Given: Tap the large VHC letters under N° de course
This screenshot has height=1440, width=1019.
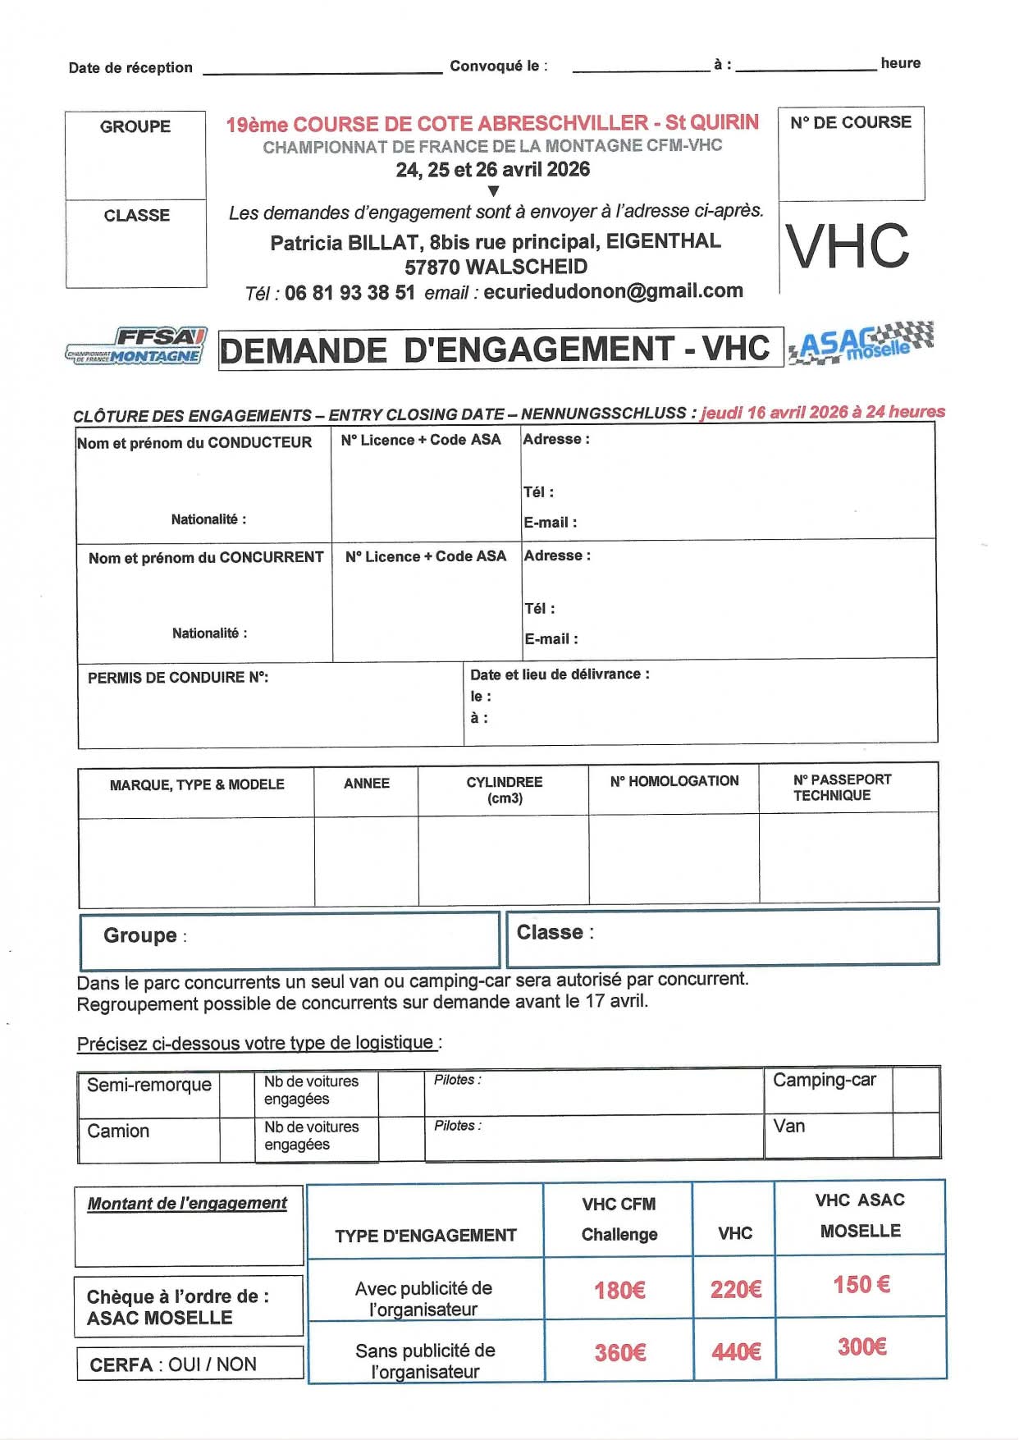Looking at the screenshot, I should (848, 246).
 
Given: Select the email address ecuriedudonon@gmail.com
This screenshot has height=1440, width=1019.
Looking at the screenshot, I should (613, 291).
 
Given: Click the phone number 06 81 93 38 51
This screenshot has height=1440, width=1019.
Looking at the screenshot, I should (350, 293).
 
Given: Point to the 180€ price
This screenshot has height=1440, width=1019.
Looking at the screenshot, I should (619, 1290).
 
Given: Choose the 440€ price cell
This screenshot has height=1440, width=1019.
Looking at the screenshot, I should (735, 1351).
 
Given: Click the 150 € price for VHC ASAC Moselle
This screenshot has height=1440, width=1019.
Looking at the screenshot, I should (861, 1284).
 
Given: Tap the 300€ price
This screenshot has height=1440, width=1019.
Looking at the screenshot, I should (861, 1346).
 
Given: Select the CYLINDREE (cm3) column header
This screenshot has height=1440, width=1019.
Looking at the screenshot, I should (504, 789).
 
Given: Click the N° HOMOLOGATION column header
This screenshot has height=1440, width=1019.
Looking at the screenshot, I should (674, 781).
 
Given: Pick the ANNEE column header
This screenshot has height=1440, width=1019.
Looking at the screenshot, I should (366, 784).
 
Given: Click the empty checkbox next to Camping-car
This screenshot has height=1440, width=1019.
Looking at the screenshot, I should (915, 1089).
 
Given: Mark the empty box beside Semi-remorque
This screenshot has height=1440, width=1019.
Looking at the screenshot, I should (236, 1094).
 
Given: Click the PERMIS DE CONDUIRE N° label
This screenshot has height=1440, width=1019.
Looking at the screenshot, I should (178, 677).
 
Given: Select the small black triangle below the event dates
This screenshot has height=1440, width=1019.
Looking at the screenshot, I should (493, 191).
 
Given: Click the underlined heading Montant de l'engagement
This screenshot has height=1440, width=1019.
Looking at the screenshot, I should (187, 1203).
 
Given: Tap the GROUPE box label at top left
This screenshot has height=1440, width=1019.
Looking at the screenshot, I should (135, 126).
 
